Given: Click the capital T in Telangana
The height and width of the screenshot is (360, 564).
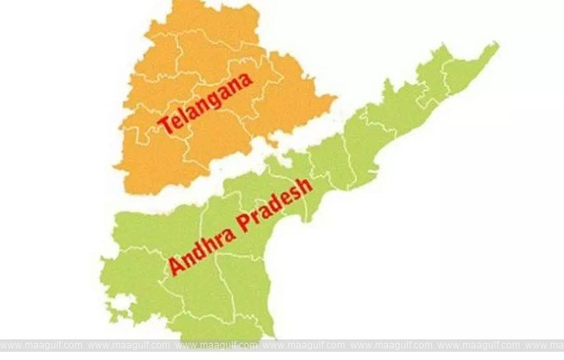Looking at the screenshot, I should pyautogui.click(x=165, y=126).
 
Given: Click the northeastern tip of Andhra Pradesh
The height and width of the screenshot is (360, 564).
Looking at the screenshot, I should pyautogui.click(x=496, y=45).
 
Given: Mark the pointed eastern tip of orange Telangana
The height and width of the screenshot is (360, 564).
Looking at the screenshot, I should pyautogui.click(x=335, y=102).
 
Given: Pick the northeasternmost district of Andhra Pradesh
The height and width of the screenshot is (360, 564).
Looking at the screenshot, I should pyautogui.click(x=467, y=70).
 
